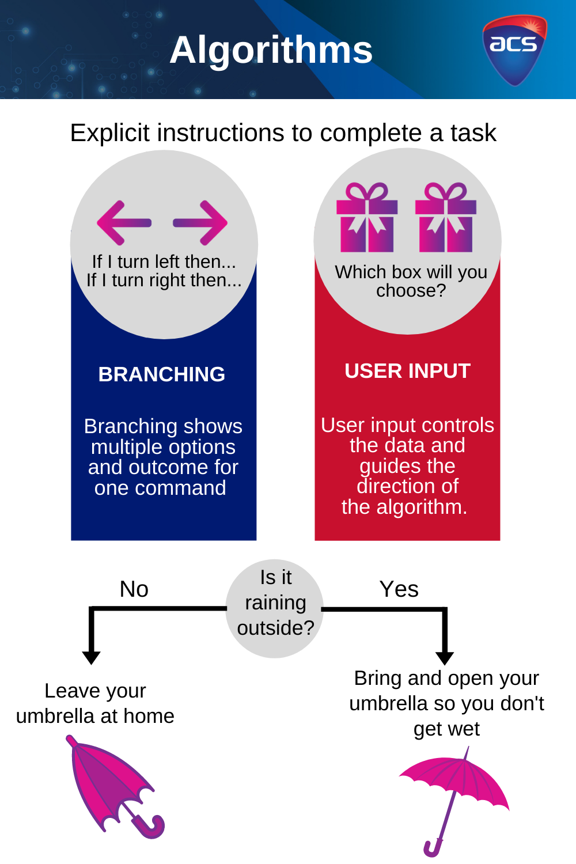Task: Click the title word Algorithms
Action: click(271, 50)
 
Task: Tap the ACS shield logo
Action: click(514, 50)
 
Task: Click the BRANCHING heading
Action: click(162, 374)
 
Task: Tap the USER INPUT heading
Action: click(407, 371)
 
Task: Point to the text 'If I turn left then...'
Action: click(164, 262)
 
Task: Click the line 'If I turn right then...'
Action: click(164, 281)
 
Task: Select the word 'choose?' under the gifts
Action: click(411, 290)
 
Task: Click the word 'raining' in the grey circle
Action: click(275, 602)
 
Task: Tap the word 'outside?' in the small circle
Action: click(275, 628)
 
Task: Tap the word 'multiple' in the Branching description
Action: click(126, 447)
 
